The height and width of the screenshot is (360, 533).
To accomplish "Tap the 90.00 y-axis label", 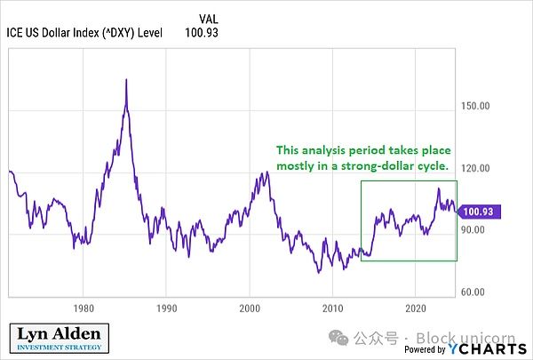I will (x=477, y=230).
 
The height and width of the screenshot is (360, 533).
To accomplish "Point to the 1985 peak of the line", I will (x=126, y=81).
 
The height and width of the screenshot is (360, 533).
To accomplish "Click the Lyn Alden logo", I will (x=60, y=340).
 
